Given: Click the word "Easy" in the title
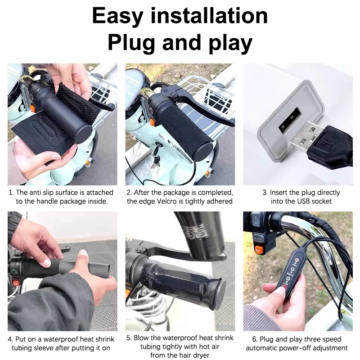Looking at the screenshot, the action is (x=118, y=16).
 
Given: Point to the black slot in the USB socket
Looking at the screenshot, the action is (x=290, y=120).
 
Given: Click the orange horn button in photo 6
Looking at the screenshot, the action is (x=258, y=249).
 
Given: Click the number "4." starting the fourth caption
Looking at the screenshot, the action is (x=10, y=339).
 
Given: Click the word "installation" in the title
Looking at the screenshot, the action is (x=209, y=16).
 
